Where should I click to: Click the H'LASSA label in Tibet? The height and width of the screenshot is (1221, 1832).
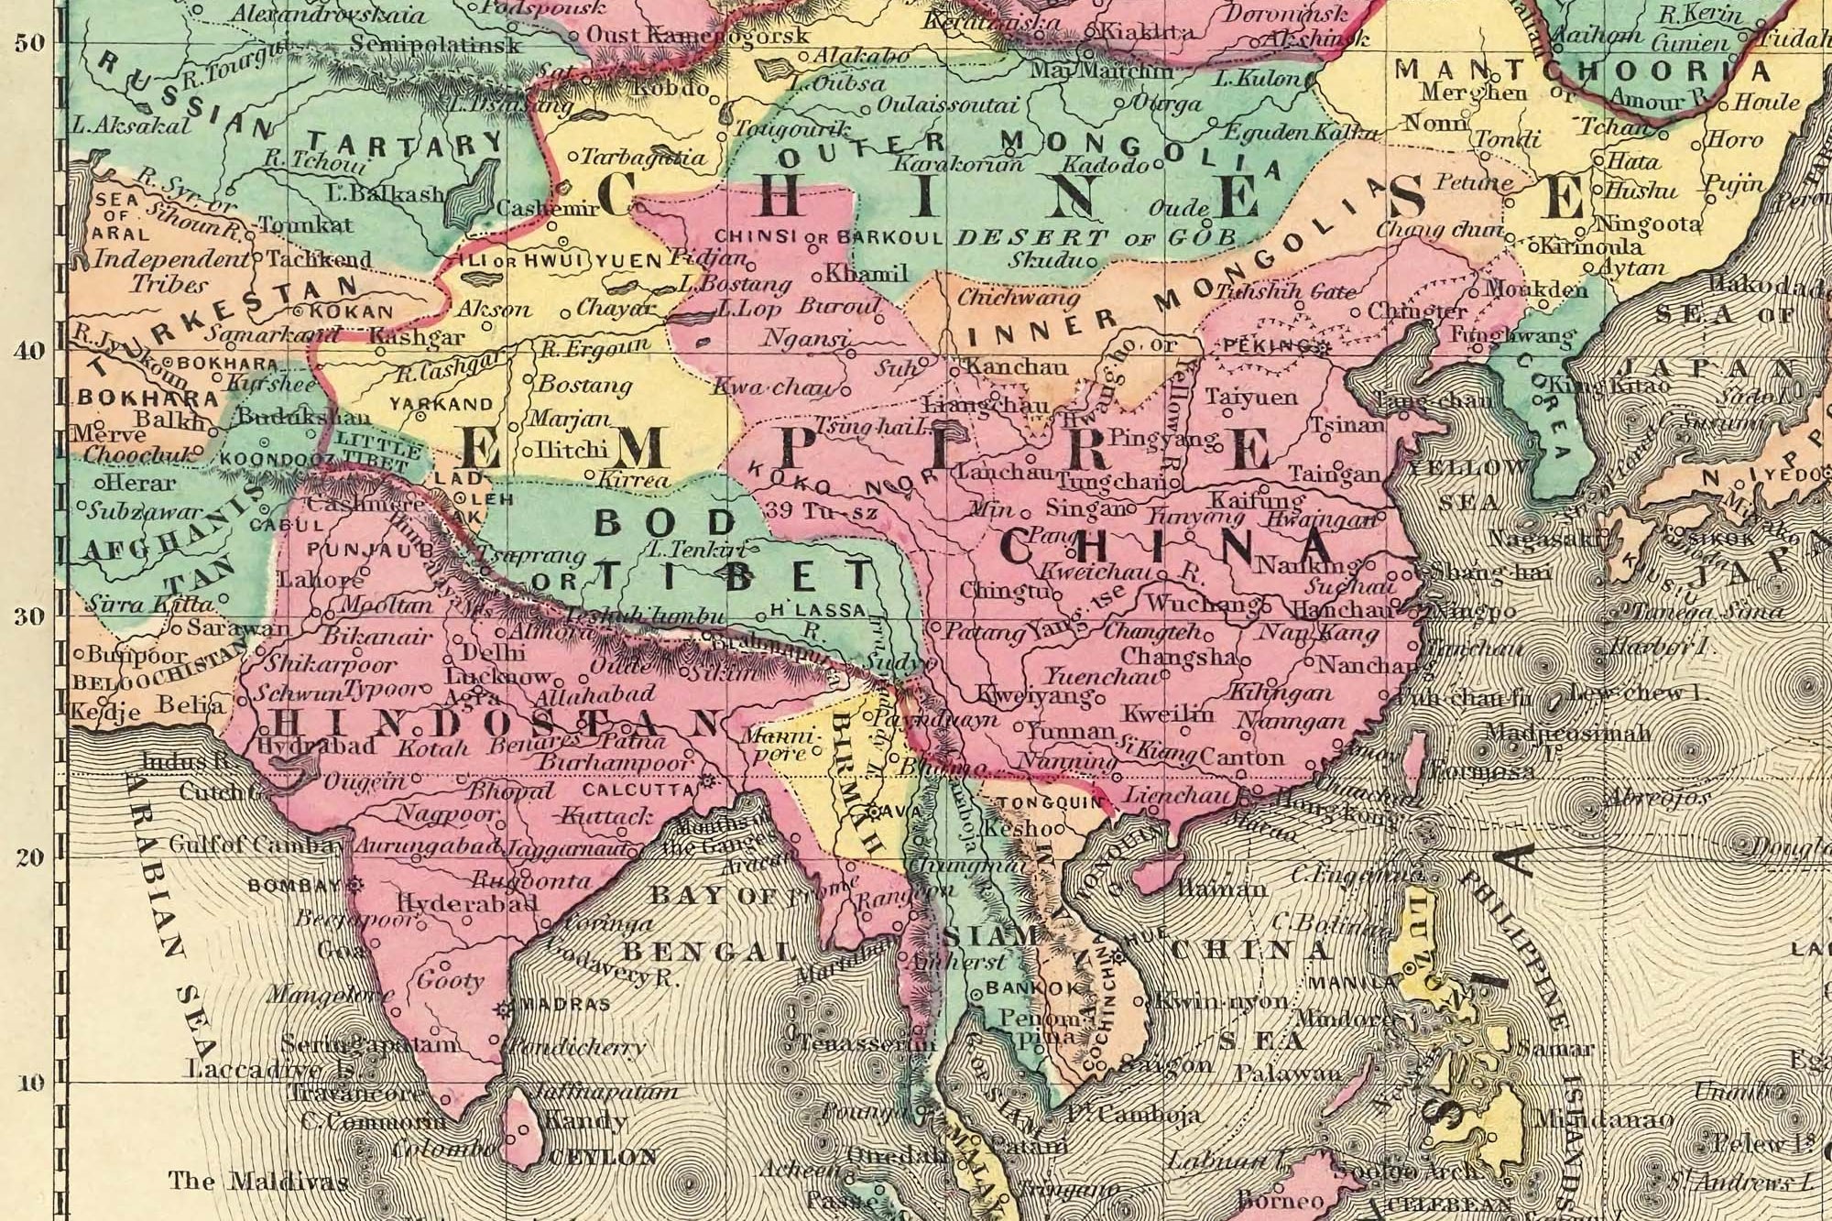point(818,609)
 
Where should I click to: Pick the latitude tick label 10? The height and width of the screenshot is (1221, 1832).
point(29,1083)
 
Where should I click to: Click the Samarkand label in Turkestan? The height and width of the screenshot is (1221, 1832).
point(258,334)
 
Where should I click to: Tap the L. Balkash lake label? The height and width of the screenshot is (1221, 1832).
point(385,193)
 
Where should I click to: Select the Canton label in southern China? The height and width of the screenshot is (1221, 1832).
point(1242,757)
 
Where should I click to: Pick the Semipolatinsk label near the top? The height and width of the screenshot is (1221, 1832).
point(436,43)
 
